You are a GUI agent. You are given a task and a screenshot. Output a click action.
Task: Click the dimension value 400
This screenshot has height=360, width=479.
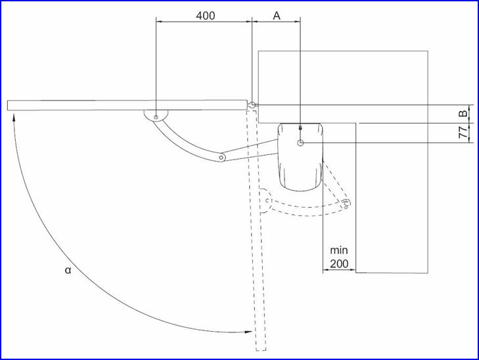pos(205,16)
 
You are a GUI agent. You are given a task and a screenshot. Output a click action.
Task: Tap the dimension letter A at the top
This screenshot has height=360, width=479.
pos(276,16)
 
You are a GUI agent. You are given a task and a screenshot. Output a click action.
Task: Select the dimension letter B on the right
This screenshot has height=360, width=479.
pos(463,113)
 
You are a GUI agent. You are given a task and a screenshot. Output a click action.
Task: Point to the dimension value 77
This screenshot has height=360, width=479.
pos(463,132)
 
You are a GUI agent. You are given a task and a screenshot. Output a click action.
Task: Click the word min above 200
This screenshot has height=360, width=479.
pos(339,250)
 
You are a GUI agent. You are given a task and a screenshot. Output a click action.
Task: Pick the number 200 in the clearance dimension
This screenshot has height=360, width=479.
pos(339,264)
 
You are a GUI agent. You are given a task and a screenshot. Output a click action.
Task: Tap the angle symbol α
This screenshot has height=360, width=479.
pos(68,270)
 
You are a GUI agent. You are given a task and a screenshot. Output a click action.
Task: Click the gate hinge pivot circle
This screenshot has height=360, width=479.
pos(252,105)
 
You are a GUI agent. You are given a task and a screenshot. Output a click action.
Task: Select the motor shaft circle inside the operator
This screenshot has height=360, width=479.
pos(300,143)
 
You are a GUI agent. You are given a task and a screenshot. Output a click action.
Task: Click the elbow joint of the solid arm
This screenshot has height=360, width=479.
pos(221,158)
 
